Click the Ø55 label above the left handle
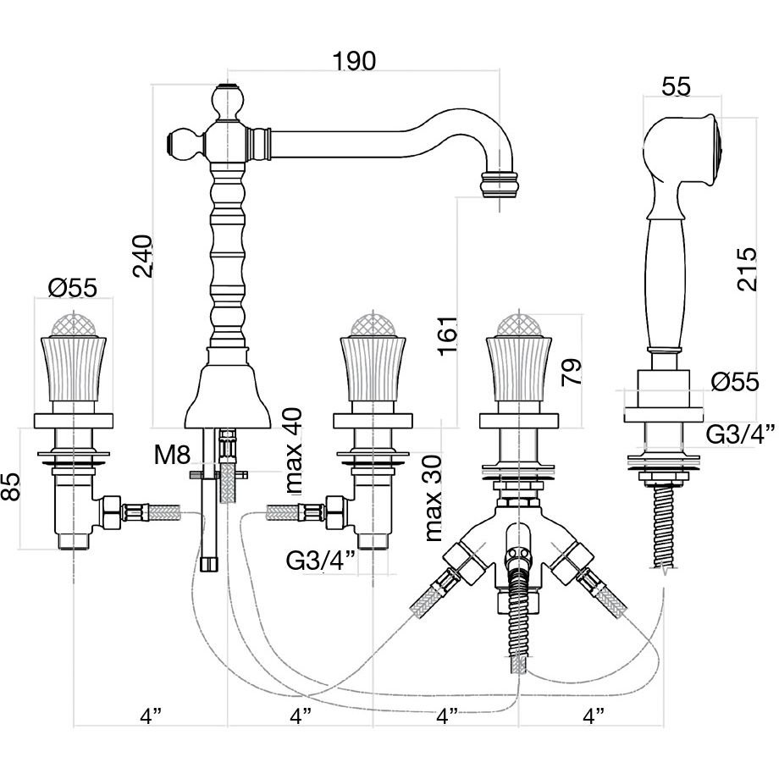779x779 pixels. pos(73,288)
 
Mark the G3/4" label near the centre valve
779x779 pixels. pos(319,561)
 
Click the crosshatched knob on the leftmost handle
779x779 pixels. pos(73,324)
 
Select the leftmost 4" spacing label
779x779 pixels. pos(150,715)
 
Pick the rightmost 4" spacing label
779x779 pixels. pos(594,715)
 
